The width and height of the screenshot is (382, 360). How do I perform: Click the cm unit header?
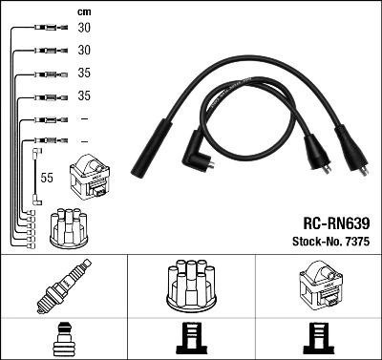83,11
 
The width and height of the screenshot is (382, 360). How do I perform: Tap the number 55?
45,178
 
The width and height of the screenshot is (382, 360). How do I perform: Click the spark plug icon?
64,287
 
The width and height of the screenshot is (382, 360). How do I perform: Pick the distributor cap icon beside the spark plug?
191,285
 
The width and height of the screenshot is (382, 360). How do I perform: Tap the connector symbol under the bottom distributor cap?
191,337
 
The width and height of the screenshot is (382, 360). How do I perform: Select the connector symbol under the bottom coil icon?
318,337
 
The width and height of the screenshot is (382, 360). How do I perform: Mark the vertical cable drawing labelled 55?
35,176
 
